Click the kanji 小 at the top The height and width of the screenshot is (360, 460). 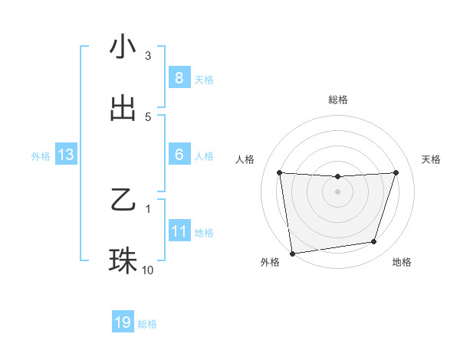(123, 47)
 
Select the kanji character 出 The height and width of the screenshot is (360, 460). (123, 108)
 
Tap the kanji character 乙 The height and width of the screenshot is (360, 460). (123, 201)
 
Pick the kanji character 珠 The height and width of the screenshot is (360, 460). (123, 261)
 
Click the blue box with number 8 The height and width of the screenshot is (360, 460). (179, 78)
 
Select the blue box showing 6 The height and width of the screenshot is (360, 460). (179, 155)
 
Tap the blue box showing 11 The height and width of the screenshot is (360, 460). (179, 231)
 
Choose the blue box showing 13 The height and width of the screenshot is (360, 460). (65, 155)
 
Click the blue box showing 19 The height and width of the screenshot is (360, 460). (123, 323)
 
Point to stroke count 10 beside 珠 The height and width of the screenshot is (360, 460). (148, 270)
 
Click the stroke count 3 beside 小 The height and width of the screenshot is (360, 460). (148, 56)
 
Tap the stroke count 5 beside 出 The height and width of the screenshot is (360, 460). (148, 116)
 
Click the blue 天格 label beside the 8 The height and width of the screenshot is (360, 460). (204, 79)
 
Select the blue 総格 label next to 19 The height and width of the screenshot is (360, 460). (147, 324)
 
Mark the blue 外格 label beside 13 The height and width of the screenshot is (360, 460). (41, 156)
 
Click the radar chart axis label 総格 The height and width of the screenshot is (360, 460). (338, 100)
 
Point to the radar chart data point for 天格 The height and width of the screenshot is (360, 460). (396, 172)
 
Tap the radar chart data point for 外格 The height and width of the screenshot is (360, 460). (292, 253)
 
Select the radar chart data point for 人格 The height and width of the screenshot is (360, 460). (280, 172)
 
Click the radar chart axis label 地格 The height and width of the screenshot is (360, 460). (402, 263)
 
